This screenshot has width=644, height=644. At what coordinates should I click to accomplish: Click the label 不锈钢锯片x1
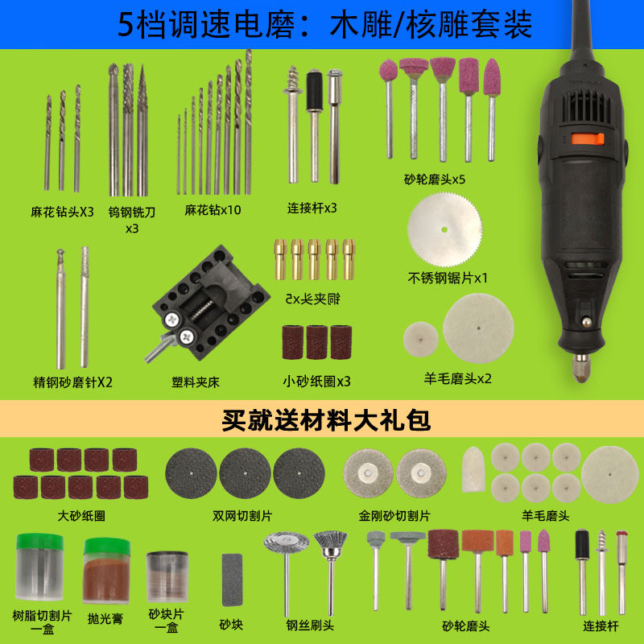click(448, 279)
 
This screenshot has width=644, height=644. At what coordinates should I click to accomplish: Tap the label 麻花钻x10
click(213, 210)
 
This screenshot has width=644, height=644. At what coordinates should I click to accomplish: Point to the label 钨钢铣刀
click(132, 213)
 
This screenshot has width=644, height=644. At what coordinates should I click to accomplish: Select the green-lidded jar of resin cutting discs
click(39, 568)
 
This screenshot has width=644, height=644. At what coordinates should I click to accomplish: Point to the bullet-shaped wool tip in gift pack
click(473, 470)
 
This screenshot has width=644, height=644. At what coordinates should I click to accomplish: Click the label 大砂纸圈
click(81, 515)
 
